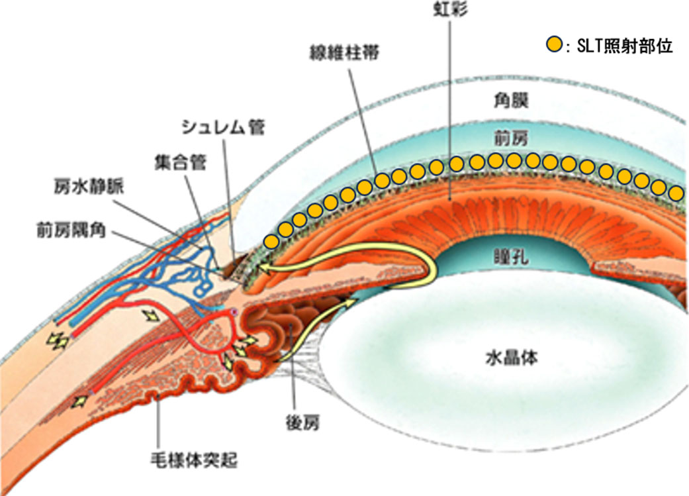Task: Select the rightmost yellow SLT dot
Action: click(x=675, y=193)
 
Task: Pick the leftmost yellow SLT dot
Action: click(x=269, y=240)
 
